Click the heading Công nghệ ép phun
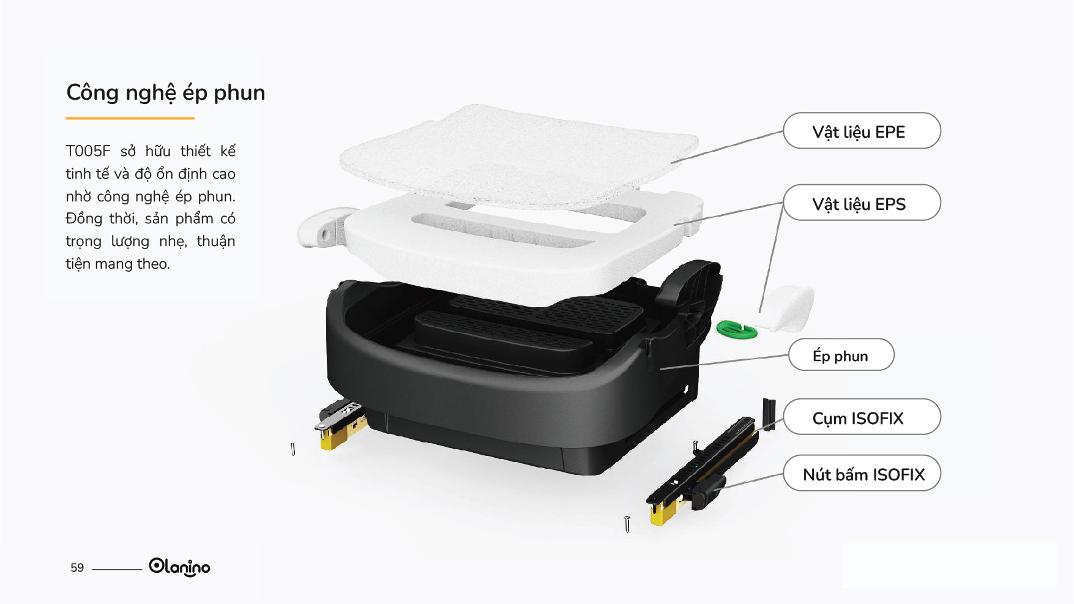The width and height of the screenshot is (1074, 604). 165,93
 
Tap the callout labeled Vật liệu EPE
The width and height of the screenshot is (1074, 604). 862,130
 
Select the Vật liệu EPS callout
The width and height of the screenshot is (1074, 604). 862,203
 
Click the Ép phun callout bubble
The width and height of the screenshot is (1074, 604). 841,354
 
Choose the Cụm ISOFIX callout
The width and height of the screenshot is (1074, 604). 862,417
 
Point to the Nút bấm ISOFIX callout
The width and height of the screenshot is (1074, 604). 862,473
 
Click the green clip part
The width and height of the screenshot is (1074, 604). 737,330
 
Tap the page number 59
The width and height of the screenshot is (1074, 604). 77,568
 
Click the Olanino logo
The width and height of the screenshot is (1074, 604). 179,567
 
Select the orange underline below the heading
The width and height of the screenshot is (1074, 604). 130,118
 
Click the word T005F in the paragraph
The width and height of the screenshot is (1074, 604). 88,151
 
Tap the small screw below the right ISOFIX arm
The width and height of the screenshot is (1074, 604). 627,524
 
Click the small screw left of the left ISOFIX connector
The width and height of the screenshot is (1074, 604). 293,450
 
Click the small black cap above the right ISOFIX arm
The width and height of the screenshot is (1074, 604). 769,414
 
